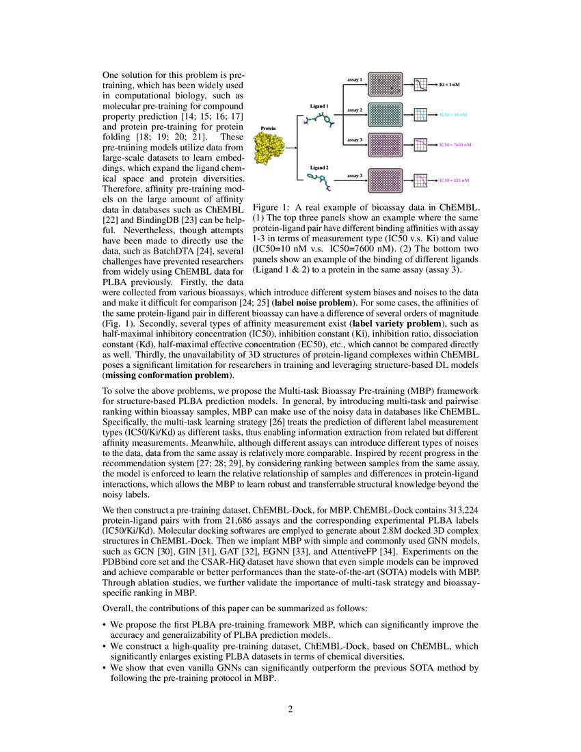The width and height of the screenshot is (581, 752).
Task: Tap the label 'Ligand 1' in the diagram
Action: pos(320,106)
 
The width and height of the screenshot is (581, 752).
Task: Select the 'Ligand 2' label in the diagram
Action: pos(320,167)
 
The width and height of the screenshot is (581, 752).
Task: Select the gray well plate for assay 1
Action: pos(387,84)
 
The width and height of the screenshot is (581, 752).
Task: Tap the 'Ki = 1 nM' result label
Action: pos(449,85)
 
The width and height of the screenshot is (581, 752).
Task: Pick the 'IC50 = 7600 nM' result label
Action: pos(455,146)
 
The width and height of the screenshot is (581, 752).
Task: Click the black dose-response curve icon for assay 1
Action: pos(421,85)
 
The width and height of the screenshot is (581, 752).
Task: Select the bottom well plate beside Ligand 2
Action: pos(387,180)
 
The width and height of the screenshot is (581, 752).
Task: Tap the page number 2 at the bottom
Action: pos(290,709)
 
